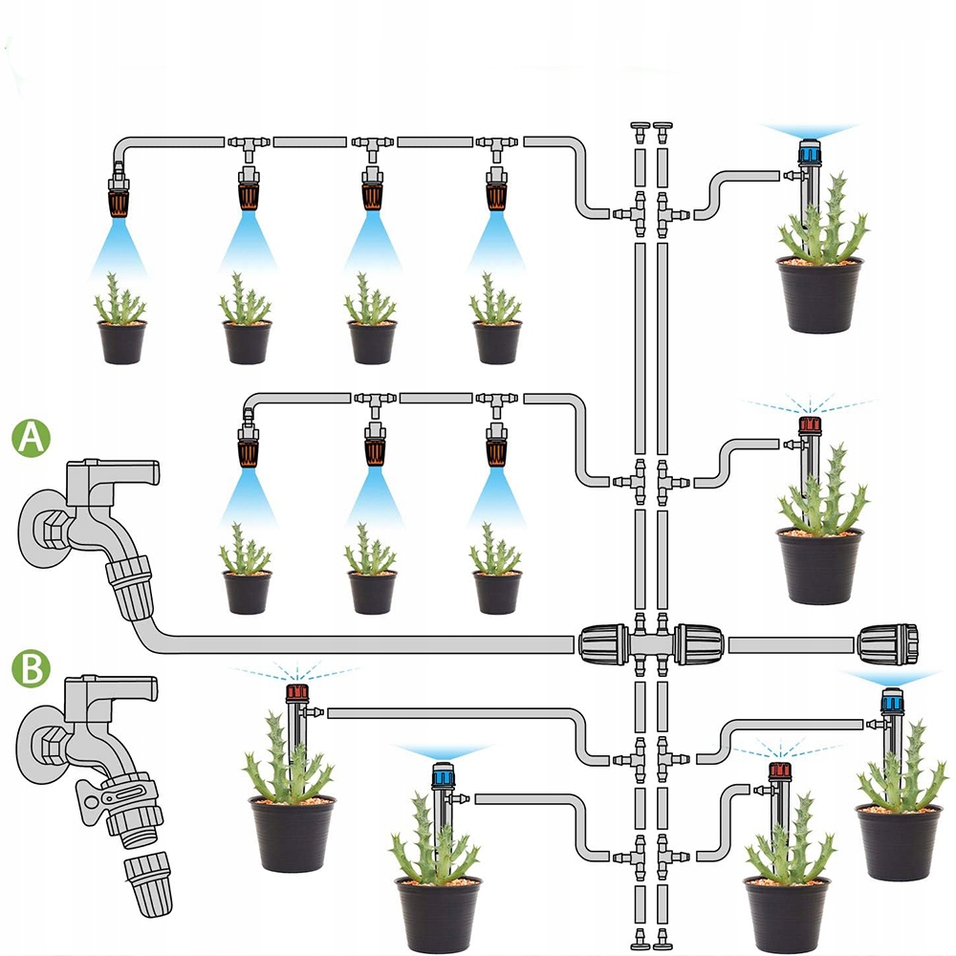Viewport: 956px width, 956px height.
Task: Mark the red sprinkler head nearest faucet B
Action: click(296, 691)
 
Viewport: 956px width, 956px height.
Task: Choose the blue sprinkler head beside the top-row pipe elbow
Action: click(809, 151)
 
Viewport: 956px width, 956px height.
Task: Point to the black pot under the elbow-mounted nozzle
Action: click(122, 341)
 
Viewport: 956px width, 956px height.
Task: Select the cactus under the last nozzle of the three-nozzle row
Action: click(495, 552)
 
